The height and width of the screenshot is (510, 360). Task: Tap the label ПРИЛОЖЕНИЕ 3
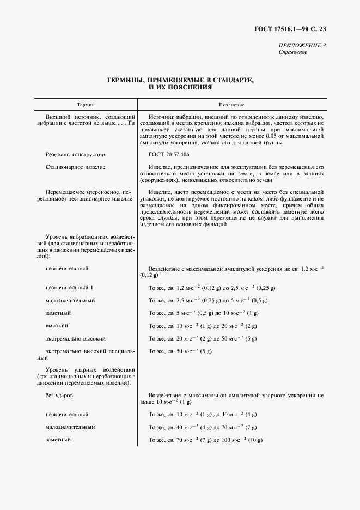pos(302,45)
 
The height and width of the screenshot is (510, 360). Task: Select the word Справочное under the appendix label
pos(293,52)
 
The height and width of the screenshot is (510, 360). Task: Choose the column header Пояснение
pos(231,104)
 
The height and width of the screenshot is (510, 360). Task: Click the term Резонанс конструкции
pos(76,154)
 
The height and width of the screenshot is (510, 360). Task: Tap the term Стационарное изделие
pos(76,167)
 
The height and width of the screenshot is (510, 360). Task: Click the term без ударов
pos(60,394)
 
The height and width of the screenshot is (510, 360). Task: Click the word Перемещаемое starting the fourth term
pos(66,192)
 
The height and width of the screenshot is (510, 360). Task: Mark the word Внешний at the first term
pos(58,117)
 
